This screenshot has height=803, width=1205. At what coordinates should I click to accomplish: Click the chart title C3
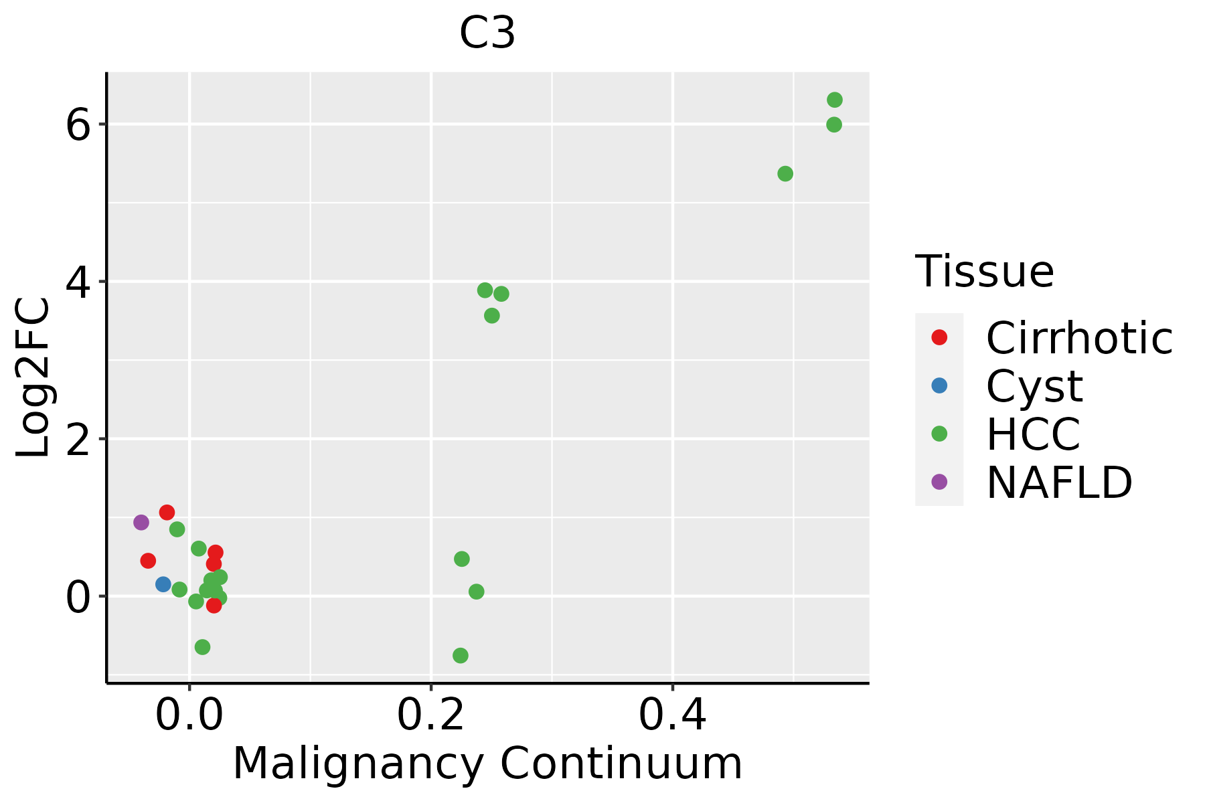point(487,33)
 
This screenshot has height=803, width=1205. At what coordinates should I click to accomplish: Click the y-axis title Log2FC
point(33,378)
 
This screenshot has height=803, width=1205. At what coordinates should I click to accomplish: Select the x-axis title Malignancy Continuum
point(487,764)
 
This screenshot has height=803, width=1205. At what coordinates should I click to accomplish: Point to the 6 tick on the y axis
point(78,125)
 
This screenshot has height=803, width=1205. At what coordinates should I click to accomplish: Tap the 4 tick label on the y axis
point(78,282)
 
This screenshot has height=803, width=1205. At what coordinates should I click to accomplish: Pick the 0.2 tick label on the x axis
point(431,716)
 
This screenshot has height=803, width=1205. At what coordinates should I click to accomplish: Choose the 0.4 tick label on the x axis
point(673,716)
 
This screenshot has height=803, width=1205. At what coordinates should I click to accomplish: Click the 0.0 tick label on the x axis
point(189,716)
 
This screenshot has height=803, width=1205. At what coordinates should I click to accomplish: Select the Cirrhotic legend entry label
point(1079,338)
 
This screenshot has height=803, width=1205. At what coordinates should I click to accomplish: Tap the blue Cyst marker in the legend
point(939,385)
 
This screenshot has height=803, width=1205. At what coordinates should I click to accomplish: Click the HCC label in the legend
point(1033,434)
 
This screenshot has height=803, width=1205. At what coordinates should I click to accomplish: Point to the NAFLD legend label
point(1059,482)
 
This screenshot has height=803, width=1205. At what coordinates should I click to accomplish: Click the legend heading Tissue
point(984,272)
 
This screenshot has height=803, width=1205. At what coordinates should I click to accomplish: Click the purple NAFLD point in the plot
point(141,522)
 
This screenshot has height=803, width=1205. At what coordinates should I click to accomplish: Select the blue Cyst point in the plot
point(163,584)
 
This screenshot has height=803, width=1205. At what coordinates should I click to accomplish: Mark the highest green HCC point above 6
point(835,100)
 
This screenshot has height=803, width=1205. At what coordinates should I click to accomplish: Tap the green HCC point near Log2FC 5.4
point(785,174)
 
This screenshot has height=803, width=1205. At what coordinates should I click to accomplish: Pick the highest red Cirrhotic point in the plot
point(167,513)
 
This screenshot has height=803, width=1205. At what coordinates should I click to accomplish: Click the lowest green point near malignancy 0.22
point(461,655)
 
